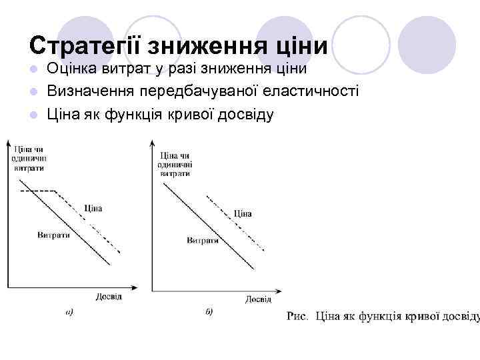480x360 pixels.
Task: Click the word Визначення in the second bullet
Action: tap(91, 91)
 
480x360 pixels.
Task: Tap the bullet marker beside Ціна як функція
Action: tap(35, 114)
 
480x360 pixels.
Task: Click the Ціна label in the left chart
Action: tap(94, 208)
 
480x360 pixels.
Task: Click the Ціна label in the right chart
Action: tap(243, 213)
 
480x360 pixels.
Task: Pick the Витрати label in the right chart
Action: tap(202, 239)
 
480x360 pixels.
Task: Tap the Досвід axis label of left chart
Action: tap(109, 296)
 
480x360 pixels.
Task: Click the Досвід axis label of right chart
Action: tap(258, 299)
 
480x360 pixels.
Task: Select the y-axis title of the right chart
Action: tap(175, 163)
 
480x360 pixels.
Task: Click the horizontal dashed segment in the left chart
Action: tap(37, 191)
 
